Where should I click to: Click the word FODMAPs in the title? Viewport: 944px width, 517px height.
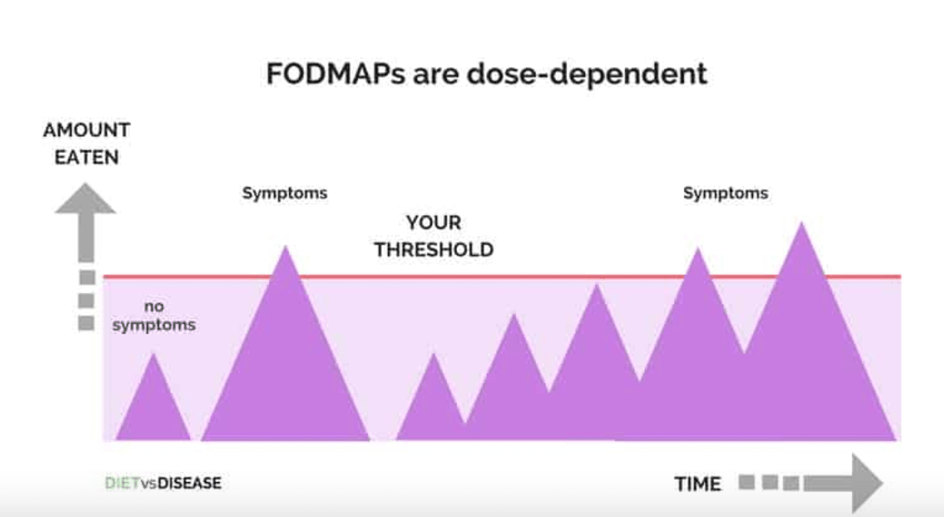(x=336, y=74)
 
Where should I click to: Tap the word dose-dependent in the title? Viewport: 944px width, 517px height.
(x=586, y=74)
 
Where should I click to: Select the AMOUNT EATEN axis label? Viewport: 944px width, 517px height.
(x=86, y=143)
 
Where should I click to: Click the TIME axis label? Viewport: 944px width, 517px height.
(x=697, y=484)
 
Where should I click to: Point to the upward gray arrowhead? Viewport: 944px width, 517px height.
(x=85, y=199)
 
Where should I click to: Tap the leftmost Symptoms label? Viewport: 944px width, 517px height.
(x=285, y=193)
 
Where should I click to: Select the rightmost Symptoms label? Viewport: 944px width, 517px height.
(x=725, y=193)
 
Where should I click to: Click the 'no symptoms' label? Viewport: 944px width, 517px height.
(x=154, y=316)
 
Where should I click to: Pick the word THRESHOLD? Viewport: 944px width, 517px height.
(x=434, y=250)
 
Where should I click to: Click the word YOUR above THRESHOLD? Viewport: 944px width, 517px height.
(x=433, y=223)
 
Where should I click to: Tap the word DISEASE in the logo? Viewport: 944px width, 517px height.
(x=190, y=484)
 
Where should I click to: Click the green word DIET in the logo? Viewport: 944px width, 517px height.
(x=122, y=484)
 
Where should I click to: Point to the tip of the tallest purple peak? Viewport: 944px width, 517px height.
(x=801, y=222)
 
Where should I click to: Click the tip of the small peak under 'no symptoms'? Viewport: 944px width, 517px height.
(x=153, y=354)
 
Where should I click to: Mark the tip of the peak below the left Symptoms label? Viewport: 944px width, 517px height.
(x=285, y=246)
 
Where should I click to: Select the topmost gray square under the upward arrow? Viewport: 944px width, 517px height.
(x=87, y=278)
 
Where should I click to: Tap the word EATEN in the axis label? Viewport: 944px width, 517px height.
(x=86, y=157)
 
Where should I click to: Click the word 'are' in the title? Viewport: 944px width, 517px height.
(x=436, y=75)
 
